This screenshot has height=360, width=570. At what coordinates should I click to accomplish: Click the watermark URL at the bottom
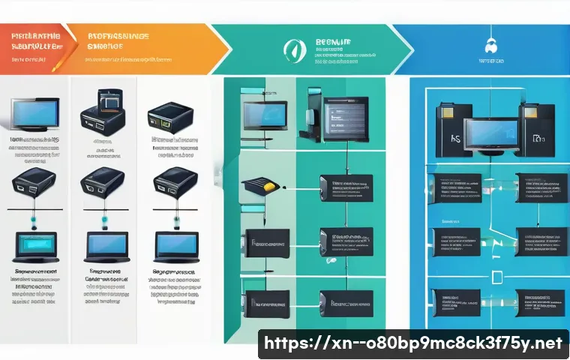(413, 344)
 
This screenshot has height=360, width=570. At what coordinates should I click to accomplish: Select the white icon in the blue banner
(492, 44)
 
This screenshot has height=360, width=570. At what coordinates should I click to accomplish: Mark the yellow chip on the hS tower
(441, 112)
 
